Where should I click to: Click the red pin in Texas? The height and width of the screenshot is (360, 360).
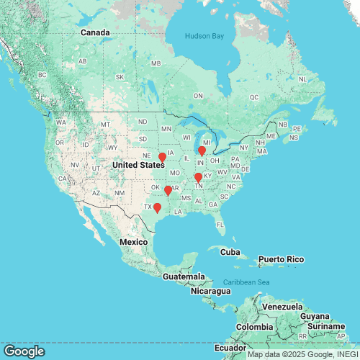(x=157, y=209)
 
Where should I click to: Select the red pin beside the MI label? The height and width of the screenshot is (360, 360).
(x=202, y=151)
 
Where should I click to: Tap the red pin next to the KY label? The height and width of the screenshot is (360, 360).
(x=198, y=178)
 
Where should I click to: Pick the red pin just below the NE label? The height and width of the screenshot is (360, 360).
(x=162, y=158)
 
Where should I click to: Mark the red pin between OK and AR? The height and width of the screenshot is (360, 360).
(x=168, y=191)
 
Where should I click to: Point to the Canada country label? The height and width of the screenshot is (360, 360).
(x=95, y=32)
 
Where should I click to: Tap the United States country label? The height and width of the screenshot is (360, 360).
(x=138, y=165)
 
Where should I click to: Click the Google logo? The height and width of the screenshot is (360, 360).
(x=23, y=351)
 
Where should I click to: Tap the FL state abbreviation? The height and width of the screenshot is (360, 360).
(x=220, y=225)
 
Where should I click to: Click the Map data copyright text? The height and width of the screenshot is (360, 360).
(x=302, y=354)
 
